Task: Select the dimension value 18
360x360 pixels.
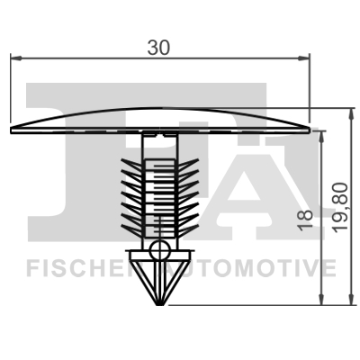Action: point(306,215)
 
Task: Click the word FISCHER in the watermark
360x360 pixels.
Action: point(76,267)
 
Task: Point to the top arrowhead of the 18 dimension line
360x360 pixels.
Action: point(319,134)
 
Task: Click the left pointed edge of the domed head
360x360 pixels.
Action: point(12,129)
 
